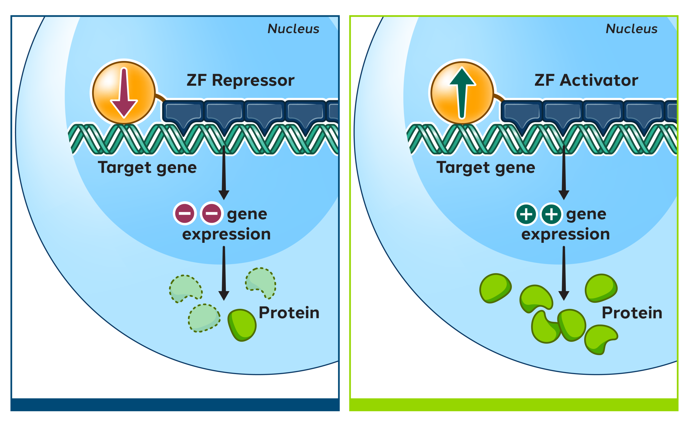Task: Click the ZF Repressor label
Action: (240, 81)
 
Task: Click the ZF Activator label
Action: (586, 81)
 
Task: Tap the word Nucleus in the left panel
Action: (293, 29)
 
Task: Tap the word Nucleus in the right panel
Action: (632, 29)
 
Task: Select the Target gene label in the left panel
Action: (147, 167)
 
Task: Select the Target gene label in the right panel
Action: (486, 167)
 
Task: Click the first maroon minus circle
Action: (185, 213)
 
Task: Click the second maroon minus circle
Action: (212, 213)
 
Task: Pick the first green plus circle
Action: (526, 214)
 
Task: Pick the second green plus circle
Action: (551, 214)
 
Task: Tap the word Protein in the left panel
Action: (289, 313)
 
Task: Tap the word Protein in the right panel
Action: (632, 313)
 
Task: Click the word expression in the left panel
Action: (226, 234)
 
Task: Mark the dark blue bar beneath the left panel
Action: (175, 404)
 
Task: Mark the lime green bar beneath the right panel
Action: (513, 404)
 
